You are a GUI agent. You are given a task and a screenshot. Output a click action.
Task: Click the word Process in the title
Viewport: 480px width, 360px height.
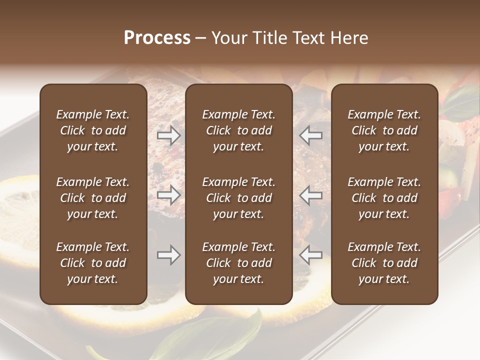click(157, 38)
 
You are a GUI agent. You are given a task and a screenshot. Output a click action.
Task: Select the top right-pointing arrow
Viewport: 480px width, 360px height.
click(168, 135)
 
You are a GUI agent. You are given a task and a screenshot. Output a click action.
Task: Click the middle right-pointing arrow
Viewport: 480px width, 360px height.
click(168, 195)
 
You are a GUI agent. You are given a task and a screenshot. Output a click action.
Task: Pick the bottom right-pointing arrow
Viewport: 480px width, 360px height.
click(168, 255)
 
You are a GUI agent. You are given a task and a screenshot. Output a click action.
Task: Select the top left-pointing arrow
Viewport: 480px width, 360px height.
click(310, 135)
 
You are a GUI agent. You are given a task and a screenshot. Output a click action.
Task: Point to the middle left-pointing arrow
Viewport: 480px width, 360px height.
click(310, 195)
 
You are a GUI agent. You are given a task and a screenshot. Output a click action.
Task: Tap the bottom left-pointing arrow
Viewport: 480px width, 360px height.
click(310, 255)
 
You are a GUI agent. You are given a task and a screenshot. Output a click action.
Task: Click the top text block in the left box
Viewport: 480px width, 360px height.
click(93, 130)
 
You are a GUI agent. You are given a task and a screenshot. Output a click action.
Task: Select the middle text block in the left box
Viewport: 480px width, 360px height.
click(93, 198)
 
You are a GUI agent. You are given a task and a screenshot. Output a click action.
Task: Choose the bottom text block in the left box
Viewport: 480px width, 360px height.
click(93, 263)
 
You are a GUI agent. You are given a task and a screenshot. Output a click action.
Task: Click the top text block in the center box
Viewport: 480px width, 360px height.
click(238, 130)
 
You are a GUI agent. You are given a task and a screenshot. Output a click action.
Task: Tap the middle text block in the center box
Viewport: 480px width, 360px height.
click(238, 198)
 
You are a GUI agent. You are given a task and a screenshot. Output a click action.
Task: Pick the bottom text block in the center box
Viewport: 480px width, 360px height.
click(238, 263)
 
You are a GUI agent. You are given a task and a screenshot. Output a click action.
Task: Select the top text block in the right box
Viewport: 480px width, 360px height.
click(384, 130)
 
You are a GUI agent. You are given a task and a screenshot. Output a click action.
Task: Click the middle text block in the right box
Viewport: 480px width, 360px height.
click(384, 198)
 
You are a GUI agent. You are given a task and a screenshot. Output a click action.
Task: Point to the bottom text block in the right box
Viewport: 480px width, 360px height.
click(384, 263)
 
